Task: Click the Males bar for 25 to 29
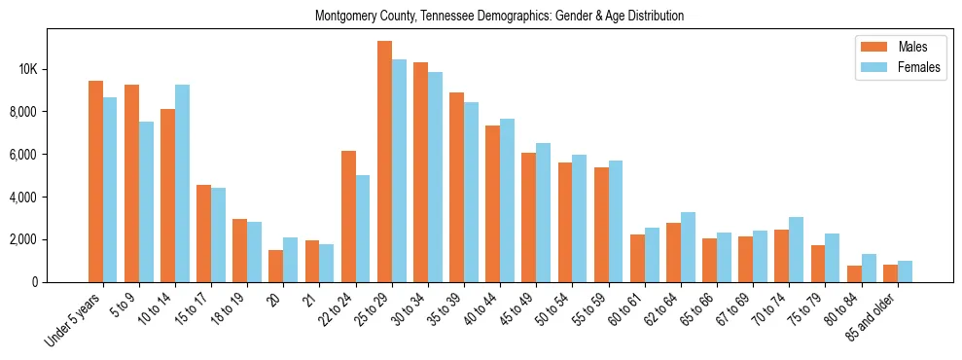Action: [x=384, y=162]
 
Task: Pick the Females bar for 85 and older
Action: [x=905, y=271]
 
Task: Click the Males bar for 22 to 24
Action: [x=348, y=217]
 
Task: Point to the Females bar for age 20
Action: [x=291, y=260]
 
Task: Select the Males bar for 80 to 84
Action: [x=854, y=273]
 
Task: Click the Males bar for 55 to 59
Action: [x=601, y=225]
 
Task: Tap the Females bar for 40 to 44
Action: [x=508, y=200]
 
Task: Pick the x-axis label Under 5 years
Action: [x=74, y=319]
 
